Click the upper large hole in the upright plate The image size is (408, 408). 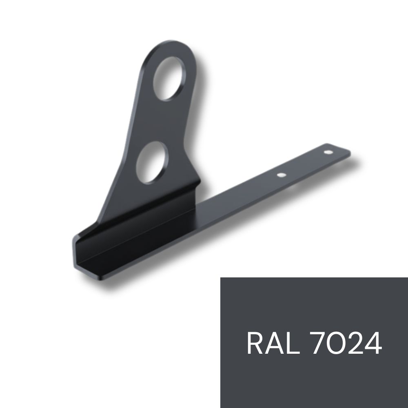coord(169,79)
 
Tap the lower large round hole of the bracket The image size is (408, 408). coord(152,163)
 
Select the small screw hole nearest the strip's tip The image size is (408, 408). coord(328,152)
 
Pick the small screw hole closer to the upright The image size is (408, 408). coord(281,175)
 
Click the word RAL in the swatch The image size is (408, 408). coord(273,343)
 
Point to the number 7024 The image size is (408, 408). coord(346,343)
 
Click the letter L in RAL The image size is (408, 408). coord(293,343)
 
